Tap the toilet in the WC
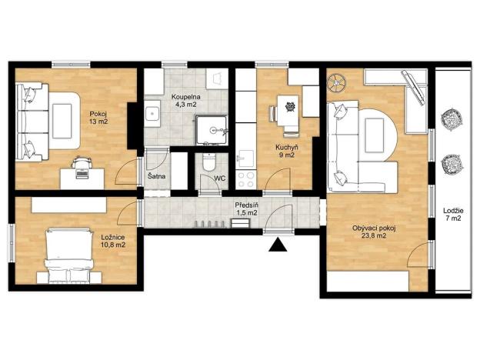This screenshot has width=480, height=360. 207,165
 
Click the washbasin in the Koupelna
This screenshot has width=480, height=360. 152,116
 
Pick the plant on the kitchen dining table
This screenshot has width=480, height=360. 290,106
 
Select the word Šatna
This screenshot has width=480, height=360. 155,178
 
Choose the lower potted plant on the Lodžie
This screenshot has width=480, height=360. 450,165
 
